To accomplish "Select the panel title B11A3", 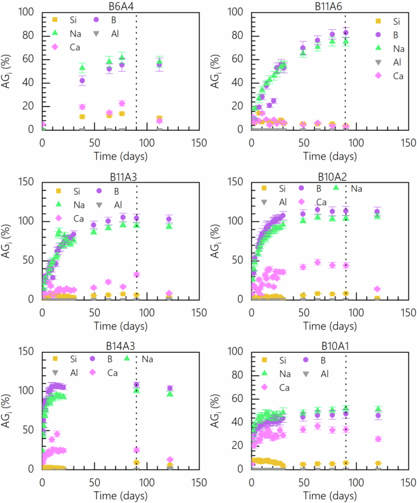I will [x=120, y=176].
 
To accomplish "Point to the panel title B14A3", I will [x=120, y=345].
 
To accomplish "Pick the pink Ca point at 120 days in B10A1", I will [x=378, y=439].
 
